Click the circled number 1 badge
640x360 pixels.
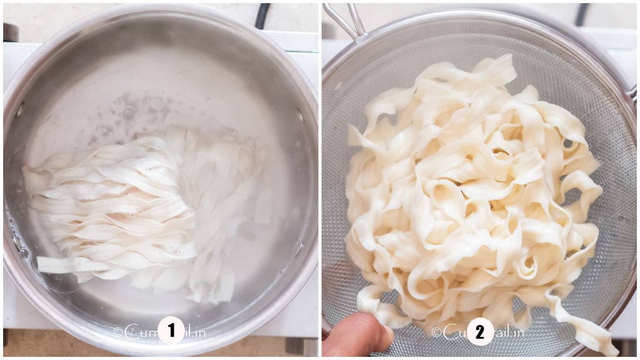click(171, 331)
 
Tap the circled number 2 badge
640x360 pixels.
click(479, 332)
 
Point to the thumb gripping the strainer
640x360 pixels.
click(356, 335)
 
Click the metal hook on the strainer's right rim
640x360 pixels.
click(632, 94)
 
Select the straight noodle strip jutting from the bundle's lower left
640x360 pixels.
click(62, 264)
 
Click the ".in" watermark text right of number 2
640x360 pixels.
click(515, 333)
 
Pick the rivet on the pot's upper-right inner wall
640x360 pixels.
click(300, 116)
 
